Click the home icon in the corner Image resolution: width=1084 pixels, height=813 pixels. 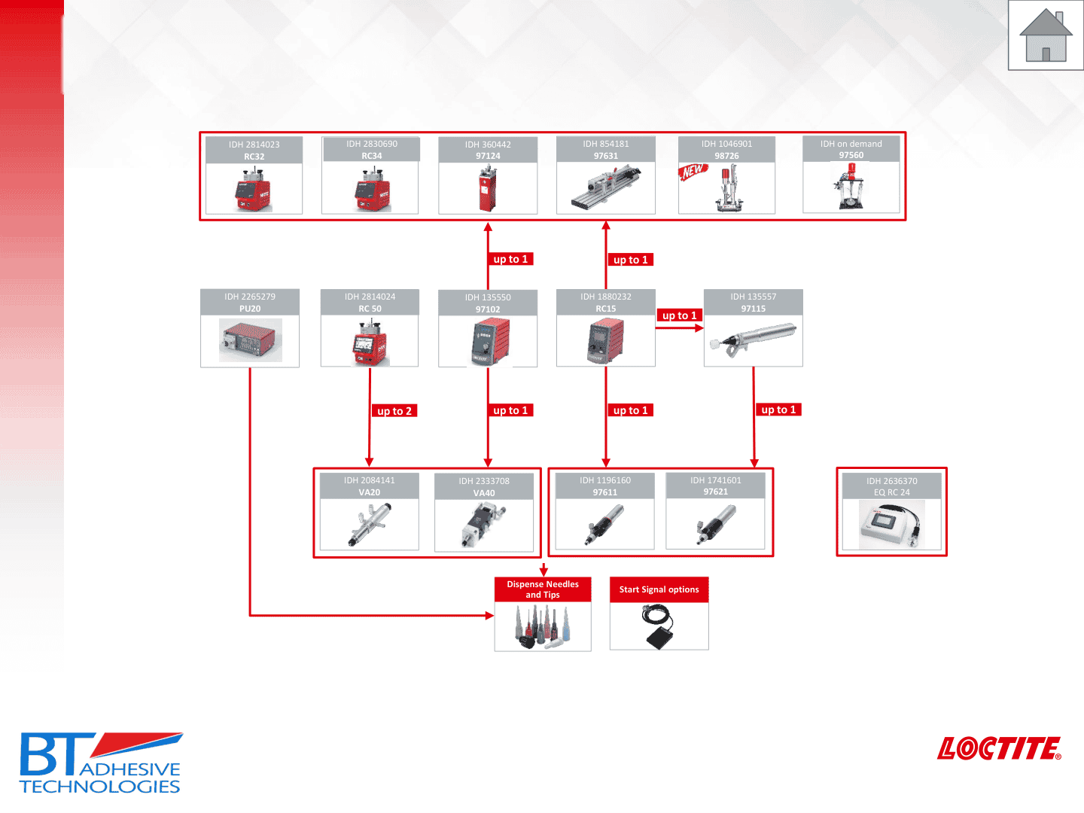pos(1046,35)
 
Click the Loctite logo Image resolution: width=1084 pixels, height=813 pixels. pos(999,748)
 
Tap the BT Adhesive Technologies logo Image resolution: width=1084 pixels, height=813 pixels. pos(100,763)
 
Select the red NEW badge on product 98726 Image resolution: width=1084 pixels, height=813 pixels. pos(693,171)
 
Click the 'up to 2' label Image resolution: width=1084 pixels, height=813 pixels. pos(394,411)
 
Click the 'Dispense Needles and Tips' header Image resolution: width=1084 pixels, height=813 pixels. pos(543,589)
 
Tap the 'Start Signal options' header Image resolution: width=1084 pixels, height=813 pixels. pos(659,589)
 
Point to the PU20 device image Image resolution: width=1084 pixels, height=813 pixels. pos(250,340)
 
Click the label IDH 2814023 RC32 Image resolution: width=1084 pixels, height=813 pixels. pos(254,150)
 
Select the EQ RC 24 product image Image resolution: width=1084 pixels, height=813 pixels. pos(891,525)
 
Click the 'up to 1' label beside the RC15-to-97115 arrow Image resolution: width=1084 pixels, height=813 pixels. pos(679,315)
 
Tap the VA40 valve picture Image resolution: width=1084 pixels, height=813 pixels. pos(483,525)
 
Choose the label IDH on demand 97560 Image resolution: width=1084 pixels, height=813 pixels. pos(851,149)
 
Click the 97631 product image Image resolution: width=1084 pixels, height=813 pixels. pos(605,187)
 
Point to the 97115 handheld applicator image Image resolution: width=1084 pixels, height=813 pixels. pos(753,340)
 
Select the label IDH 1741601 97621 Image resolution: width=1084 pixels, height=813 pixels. pos(715,486)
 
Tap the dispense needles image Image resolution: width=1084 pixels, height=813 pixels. pos(543,627)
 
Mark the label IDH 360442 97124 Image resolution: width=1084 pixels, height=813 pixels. pos(488,150)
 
